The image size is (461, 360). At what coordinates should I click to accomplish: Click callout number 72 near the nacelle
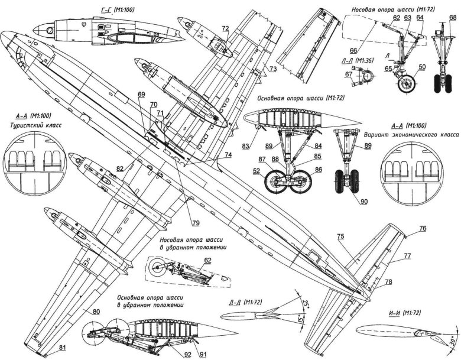pos(226,28)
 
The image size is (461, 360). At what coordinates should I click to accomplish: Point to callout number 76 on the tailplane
pos(423,228)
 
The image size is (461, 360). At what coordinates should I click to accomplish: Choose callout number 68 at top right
pos(452,18)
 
